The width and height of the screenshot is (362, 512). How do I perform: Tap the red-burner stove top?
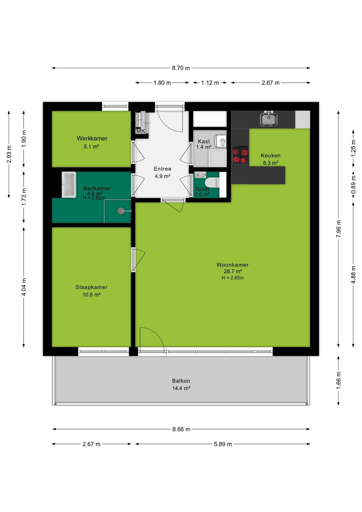coord(240,154)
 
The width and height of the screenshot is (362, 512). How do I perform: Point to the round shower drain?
coord(121,211)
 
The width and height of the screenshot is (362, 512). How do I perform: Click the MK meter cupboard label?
coord(140,131)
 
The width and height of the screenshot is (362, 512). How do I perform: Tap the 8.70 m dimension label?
coord(181,68)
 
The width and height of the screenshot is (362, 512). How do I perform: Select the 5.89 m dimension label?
coord(223,444)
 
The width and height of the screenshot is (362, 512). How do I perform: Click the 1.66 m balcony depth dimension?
coord(338,380)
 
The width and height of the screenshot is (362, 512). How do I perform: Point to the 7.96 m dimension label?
coord(338,229)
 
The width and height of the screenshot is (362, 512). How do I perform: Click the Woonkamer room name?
coord(232,265)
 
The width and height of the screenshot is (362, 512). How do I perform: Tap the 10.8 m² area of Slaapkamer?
coord(91,295)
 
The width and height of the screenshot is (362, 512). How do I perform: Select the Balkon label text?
coord(181,381)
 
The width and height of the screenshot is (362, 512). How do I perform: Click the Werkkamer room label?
coord(92,138)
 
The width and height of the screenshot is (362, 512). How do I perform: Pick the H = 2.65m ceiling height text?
coord(233,278)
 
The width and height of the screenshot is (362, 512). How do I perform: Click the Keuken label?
coord(271,155)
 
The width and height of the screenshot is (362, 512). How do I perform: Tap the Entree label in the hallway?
coord(163,169)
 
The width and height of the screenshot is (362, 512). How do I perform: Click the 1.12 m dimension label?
coord(210,83)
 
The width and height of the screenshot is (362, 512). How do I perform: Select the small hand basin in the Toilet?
coord(200,175)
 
